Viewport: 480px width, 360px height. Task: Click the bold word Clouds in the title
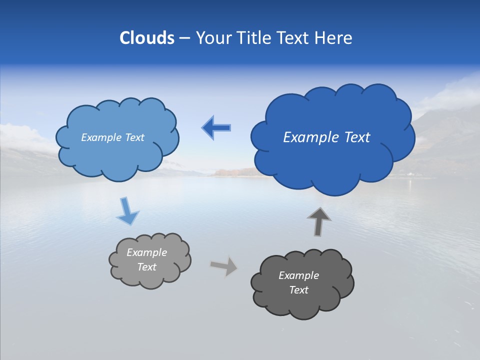[146, 38]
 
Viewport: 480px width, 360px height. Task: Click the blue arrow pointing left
[216, 128]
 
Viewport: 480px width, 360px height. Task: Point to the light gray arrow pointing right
[224, 265]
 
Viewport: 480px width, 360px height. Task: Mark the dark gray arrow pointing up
[318, 221]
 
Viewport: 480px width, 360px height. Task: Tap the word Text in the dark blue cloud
[353, 137]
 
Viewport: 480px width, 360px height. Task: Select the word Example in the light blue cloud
[100, 137]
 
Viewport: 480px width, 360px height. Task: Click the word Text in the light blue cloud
[134, 137]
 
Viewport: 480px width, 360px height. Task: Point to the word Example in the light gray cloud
[146, 252]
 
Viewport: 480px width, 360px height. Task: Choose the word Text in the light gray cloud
[146, 267]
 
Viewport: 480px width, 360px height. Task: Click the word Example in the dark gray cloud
[298, 275]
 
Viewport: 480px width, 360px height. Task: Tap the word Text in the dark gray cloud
[298, 290]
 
